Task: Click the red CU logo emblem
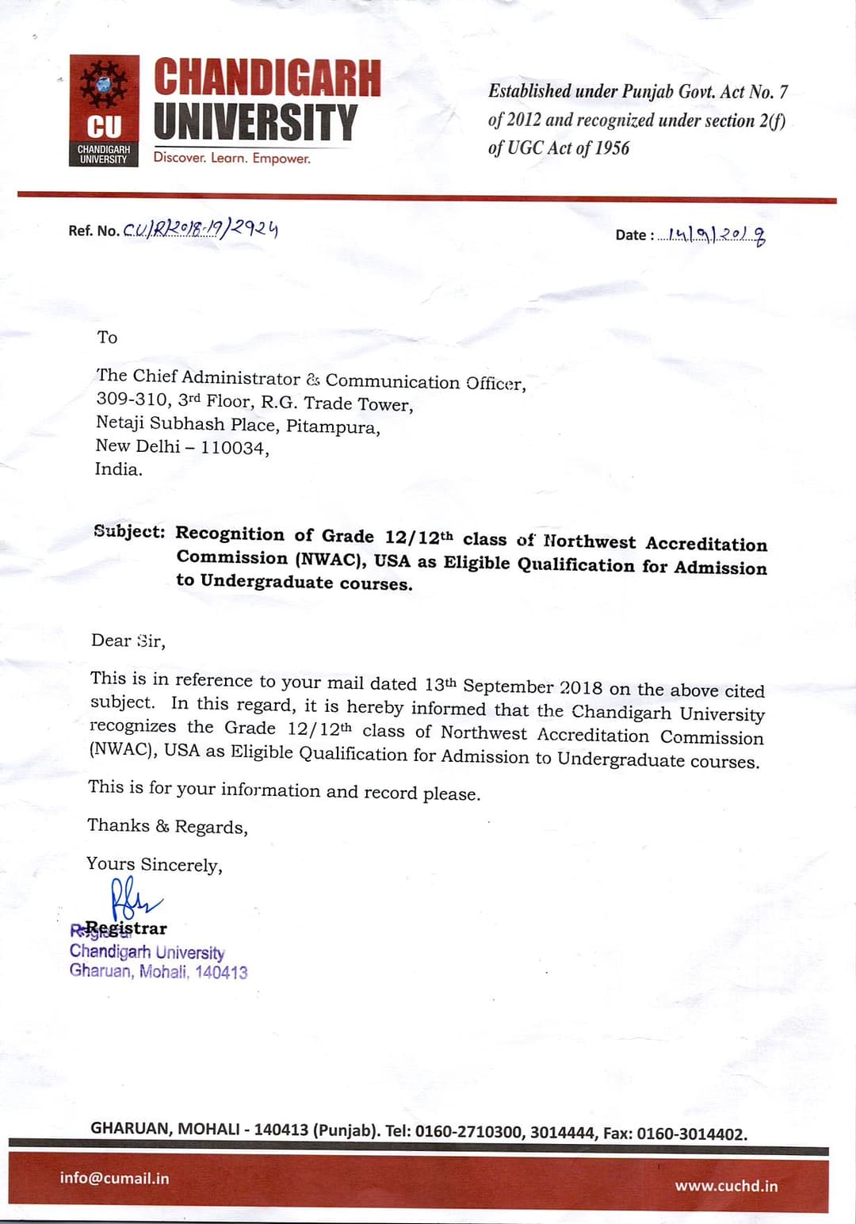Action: tap(104, 110)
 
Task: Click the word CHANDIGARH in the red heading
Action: tap(267, 78)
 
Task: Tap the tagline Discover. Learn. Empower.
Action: tap(231, 158)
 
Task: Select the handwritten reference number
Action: tap(201, 229)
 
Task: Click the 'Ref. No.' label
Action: tap(94, 231)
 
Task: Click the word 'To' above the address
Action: tap(107, 338)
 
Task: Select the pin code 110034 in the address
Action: tap(232, 448)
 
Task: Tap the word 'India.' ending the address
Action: tap(119, 469)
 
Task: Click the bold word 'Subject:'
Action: tap(129, 531)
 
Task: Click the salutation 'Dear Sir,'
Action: tap(128, 641)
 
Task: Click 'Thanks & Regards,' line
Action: tap(167, 826)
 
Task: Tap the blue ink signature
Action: tap(133, 899)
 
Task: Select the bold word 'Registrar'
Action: tap(126, 928)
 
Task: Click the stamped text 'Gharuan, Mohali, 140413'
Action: tap(158, 971)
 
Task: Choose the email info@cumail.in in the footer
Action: tap(114, 1178)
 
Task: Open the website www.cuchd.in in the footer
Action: tap(726, 1186)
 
